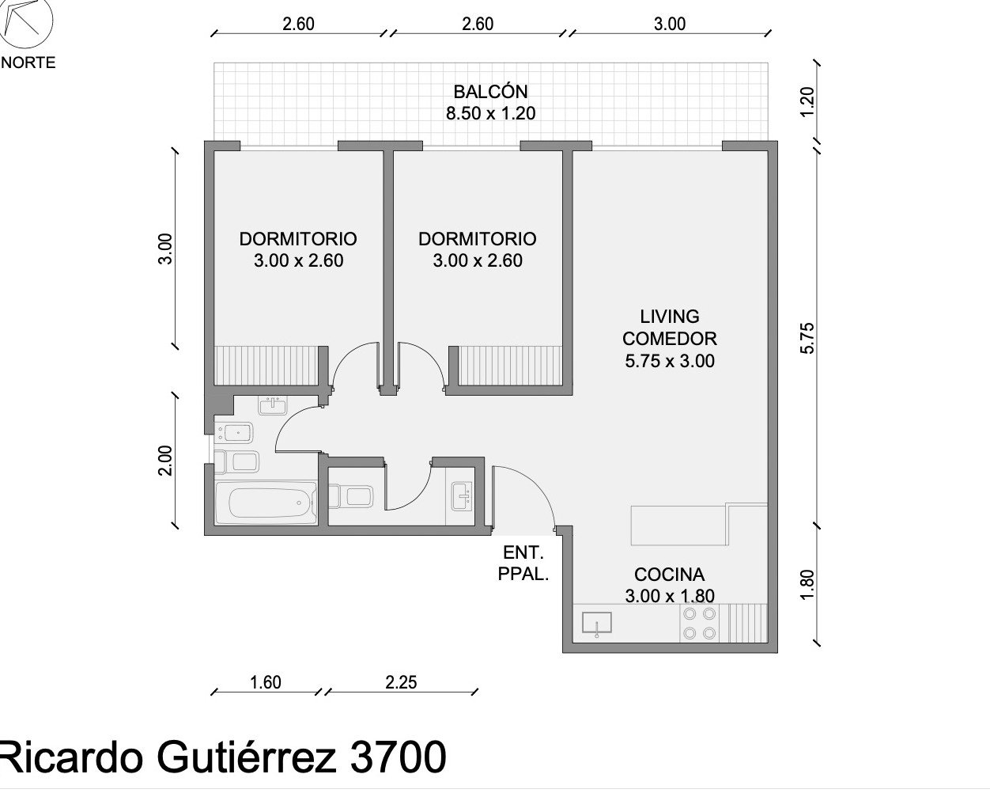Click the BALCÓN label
tap(490, 92)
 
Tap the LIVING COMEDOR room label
tap(669, 328)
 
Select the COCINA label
tap(669, 575)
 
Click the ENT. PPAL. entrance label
tap(523, 563)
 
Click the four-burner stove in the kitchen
tap(699, 624)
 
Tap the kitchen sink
tap(597, 622)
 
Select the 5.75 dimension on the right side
tap(807, 339)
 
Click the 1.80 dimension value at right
tap(807, 586)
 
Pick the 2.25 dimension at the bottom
tap(401, 682)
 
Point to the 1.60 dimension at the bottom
tap(266, 682)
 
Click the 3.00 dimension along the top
tap(670, 24)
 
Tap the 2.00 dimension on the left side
tap(164, 461)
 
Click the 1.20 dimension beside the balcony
tap(807, 102)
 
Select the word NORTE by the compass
tap(28, 63)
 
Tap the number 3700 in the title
tap(399, 757)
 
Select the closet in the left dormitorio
tap(266, 365)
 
